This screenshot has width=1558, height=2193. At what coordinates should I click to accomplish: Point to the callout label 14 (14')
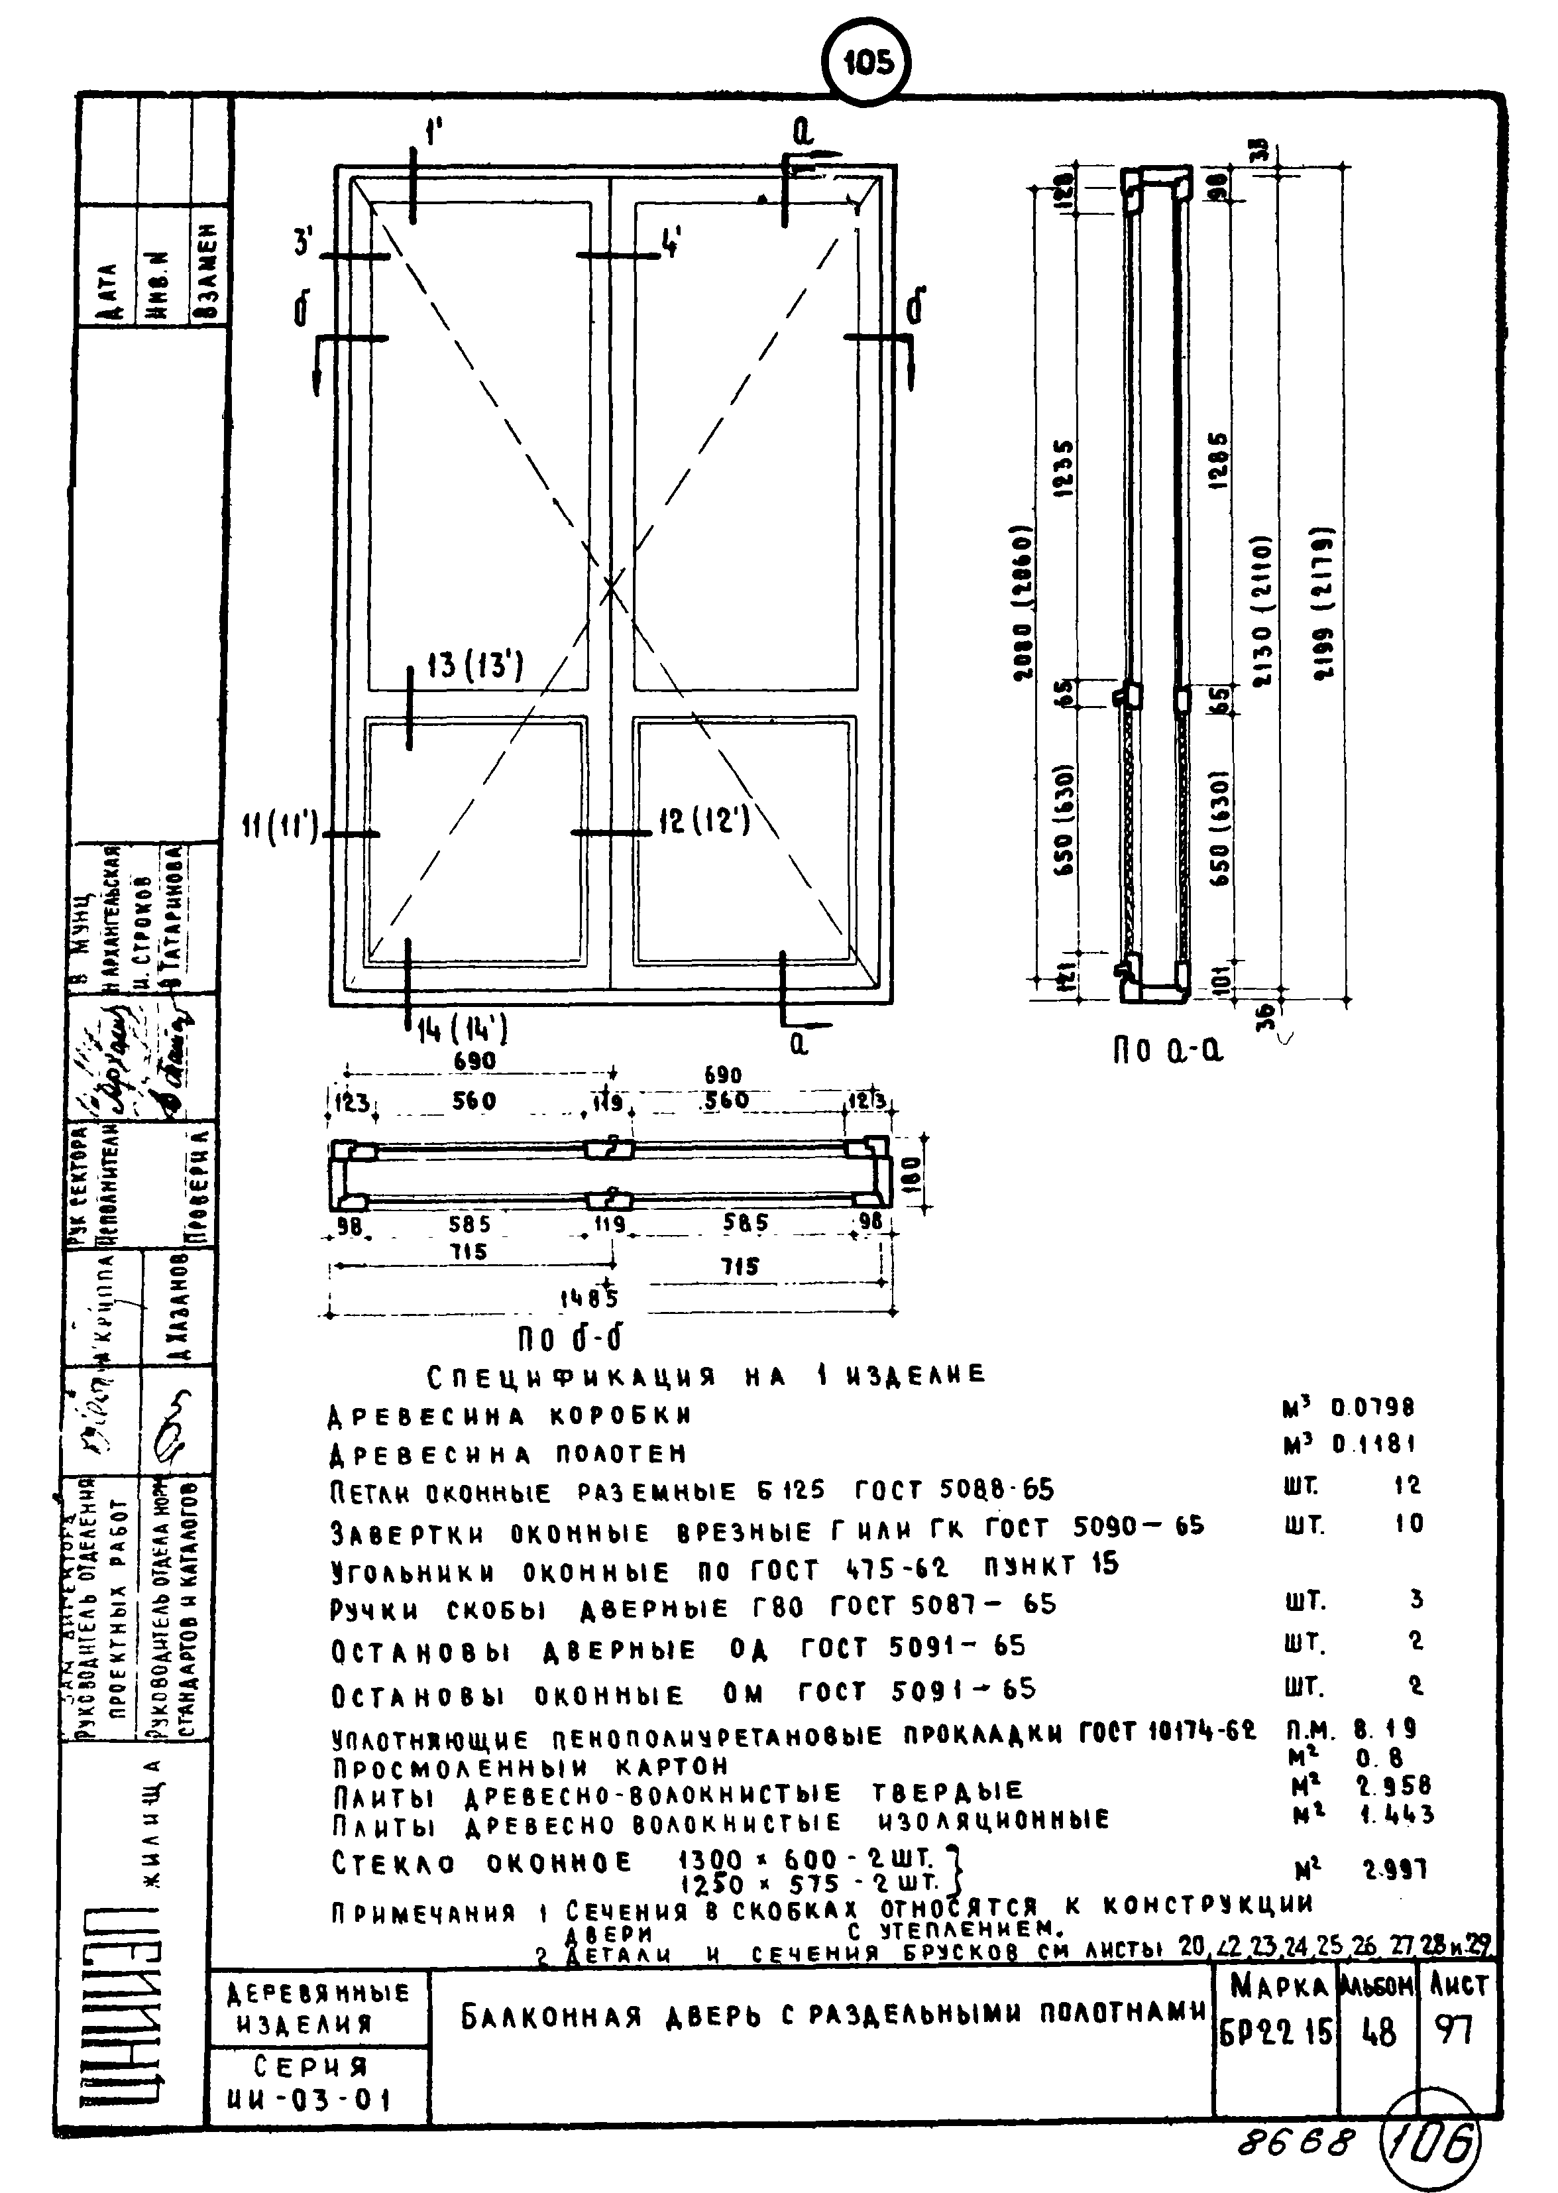461,1031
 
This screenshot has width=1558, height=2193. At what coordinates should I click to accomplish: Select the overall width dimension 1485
589,1299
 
